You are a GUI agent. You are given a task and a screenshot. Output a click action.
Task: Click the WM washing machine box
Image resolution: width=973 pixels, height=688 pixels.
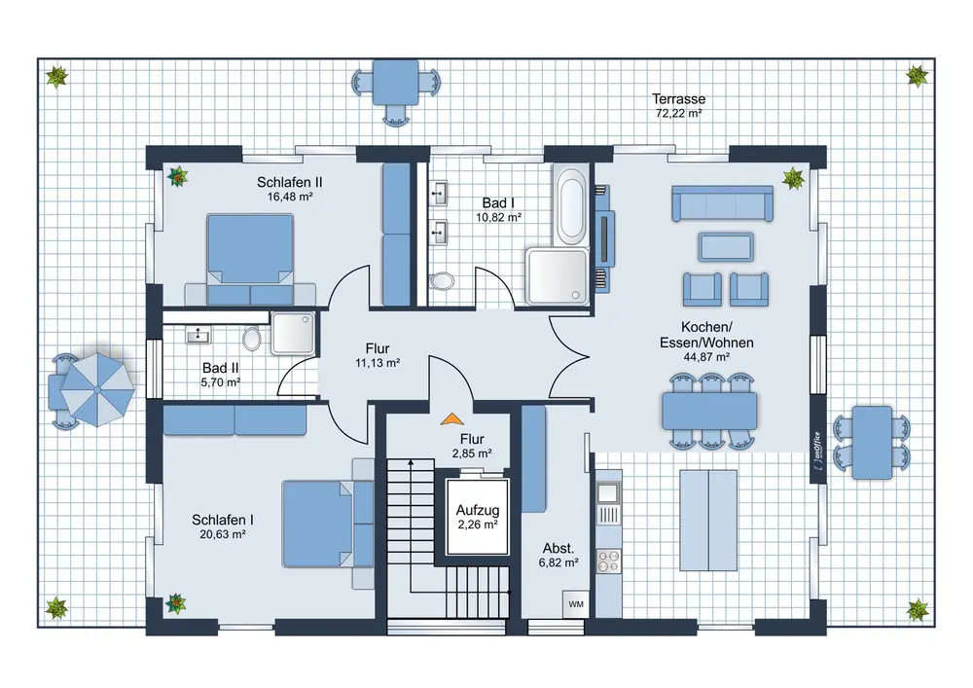[x=575, y=604]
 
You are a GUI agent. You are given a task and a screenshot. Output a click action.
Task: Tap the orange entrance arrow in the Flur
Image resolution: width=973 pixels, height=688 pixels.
[x=452, y=419]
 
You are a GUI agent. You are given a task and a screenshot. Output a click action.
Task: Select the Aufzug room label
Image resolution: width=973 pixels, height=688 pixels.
[x=478, y=511]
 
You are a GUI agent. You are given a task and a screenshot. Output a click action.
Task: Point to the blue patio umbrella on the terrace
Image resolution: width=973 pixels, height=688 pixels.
[x=97, y=389]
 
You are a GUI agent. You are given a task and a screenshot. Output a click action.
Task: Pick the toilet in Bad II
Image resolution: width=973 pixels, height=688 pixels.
[x=251, y=339]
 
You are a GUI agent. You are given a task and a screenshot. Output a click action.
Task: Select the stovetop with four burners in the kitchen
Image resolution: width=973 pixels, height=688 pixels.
[x=608, y=561]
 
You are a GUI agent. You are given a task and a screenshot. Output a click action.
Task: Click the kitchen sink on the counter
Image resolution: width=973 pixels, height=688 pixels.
[x=608, y=493]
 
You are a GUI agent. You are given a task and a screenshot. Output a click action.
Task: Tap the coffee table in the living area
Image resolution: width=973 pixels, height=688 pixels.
[x=726, y=247]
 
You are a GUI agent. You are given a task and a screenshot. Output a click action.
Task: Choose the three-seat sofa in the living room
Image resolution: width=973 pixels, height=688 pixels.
[x=722, y=202]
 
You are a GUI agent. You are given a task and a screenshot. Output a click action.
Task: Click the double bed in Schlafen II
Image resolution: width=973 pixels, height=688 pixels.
[x=250, y=259]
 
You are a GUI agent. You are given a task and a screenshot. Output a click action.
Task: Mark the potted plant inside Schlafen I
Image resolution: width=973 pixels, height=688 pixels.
[x=175, y=602]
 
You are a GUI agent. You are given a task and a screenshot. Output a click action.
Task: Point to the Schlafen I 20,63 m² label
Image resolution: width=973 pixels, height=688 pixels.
[x=223, y=526]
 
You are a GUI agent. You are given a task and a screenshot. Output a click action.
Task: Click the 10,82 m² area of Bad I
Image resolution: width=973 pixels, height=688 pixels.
[x=498, y=217]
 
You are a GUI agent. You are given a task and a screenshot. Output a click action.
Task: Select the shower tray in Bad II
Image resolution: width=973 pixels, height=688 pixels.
[x=293, y=333]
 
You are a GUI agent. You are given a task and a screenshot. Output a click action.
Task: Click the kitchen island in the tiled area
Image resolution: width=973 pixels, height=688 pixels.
[x=708, y=521]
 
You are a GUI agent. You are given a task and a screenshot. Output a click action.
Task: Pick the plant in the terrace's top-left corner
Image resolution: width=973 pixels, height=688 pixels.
[x=57, y=78]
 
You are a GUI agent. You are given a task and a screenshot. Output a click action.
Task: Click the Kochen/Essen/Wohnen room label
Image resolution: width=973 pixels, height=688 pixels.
[x=706, y=335]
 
